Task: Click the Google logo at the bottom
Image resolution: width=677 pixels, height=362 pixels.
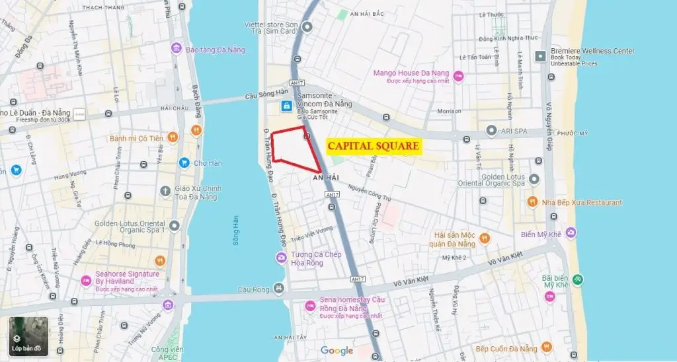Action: coord(337,351)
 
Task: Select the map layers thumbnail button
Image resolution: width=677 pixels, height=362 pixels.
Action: coord(28,336)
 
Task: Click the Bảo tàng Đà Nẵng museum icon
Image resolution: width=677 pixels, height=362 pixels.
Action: coord(176,49)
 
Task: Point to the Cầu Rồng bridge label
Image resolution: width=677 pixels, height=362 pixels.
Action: coord(254,289)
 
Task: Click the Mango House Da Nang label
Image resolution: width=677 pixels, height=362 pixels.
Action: coord(411,73)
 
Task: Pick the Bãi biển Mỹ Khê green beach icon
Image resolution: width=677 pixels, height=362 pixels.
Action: coord(578,279)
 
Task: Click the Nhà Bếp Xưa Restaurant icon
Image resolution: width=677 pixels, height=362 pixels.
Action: coord(532,202)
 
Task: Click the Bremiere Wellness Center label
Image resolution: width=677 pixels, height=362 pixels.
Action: coord(592,52)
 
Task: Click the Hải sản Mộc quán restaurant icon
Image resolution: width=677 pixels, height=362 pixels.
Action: coord(485,238)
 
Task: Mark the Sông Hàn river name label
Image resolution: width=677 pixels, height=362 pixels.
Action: coord(235,231)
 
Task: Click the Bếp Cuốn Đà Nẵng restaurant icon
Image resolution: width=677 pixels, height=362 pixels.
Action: coord(545,347)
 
